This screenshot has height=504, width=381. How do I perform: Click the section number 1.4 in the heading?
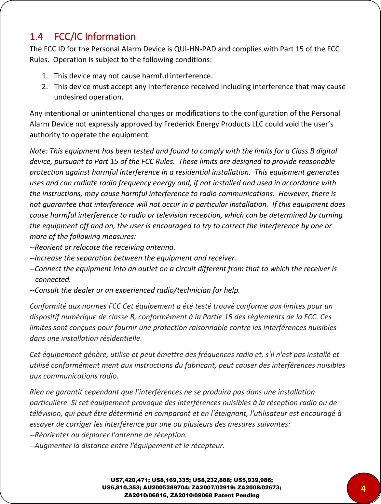tap(36, 37)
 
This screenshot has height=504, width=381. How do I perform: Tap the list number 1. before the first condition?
tap(45, 76)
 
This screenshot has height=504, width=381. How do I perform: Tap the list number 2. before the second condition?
tap(45, 87)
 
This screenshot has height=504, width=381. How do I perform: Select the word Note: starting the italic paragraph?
tap(39, 151)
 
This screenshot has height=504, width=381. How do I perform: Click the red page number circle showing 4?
tap(363, 488)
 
